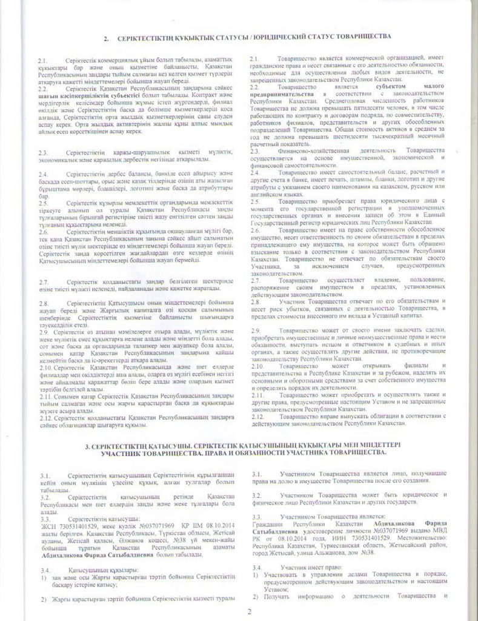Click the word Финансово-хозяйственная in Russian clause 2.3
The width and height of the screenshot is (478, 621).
point(310,149)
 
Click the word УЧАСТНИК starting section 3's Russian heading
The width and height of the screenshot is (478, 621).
point(121,453)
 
